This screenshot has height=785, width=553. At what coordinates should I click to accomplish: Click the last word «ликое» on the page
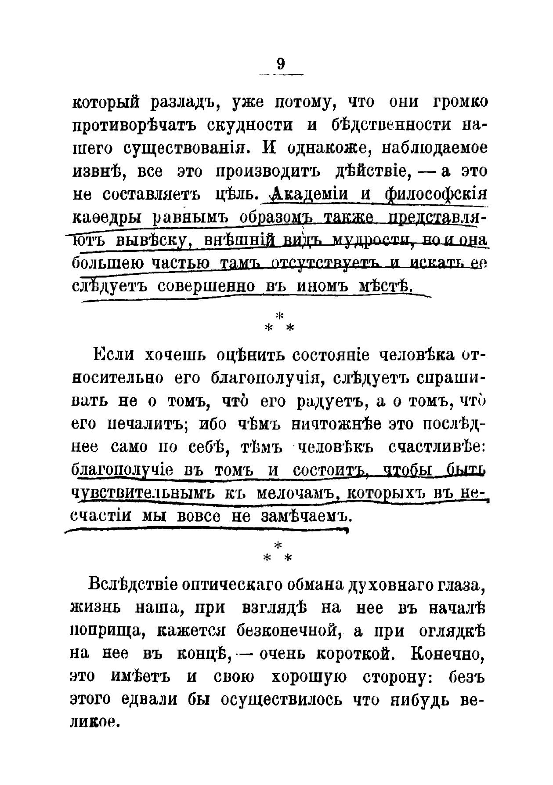(94, 722)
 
